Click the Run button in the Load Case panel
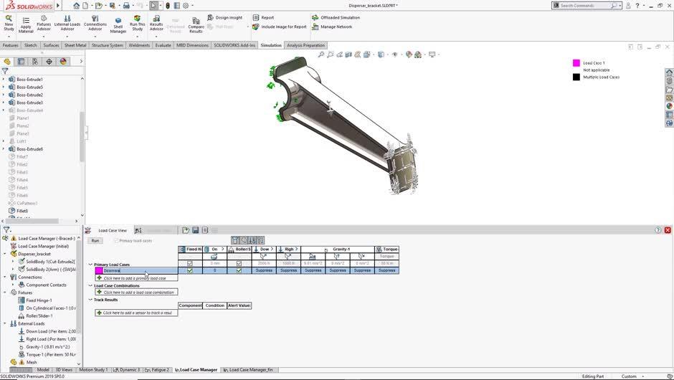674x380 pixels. [x=95, y=241]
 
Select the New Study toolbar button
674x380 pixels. [x=9, y=24]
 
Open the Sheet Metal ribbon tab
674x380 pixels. [x=75, y=45]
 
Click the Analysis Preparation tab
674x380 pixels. [x=305, y=45]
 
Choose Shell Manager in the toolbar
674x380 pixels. [x=118, y=26]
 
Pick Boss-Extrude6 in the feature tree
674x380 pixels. [x=30, y=149]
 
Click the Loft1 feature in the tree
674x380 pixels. [x=22, y=141]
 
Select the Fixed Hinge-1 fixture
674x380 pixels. [x=39, y=300]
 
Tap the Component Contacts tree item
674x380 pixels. [x=46, y=285]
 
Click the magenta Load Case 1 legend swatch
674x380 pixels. [x=576, y=63]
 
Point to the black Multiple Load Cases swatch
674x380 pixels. [x=576, y=77]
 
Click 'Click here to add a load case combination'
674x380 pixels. [x=138, y=293]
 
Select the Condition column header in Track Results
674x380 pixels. [x=215, y=305]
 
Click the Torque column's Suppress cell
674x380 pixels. [x=386, y=270]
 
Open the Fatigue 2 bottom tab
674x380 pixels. [x=160, y=370]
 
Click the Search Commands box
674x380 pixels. [x=584, y=5]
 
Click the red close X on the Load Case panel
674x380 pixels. [x=668, y=230]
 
